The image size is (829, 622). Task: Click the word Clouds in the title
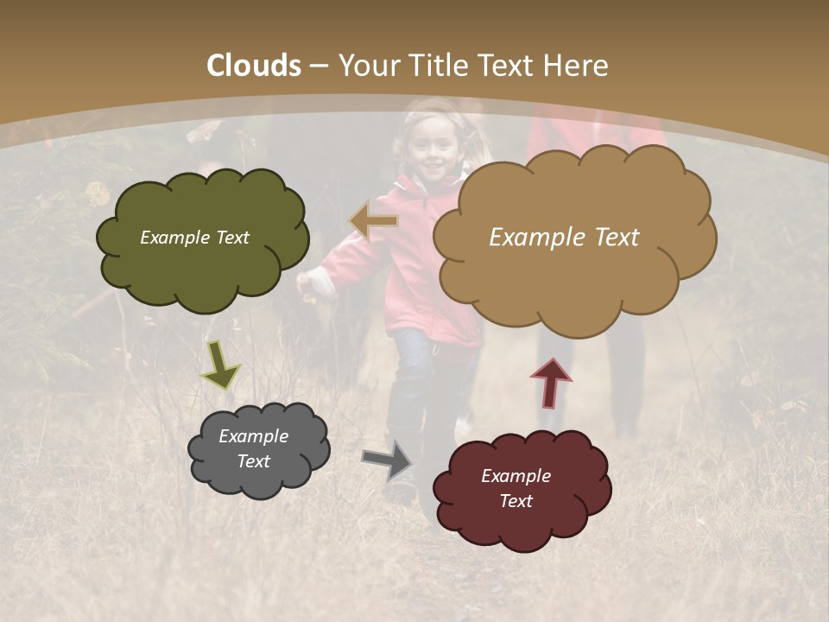click(x=254, y=66)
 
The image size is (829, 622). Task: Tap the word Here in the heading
click(x=577, y=66)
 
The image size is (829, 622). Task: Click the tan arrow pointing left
click(x=374, y=221)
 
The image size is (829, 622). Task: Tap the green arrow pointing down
click(x=220, y=365)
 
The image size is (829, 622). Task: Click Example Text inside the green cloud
click(x=194, y=238)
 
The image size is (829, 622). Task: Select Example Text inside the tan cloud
click(x=564, y=238)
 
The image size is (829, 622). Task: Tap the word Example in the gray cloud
click(x=253, y=436)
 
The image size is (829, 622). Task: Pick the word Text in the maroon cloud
click(x=516, y=501)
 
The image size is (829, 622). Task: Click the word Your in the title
click(x=368, y=66)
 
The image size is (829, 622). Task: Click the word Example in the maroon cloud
click(x=516, y=476)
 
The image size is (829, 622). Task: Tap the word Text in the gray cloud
click(x=253, y=461)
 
